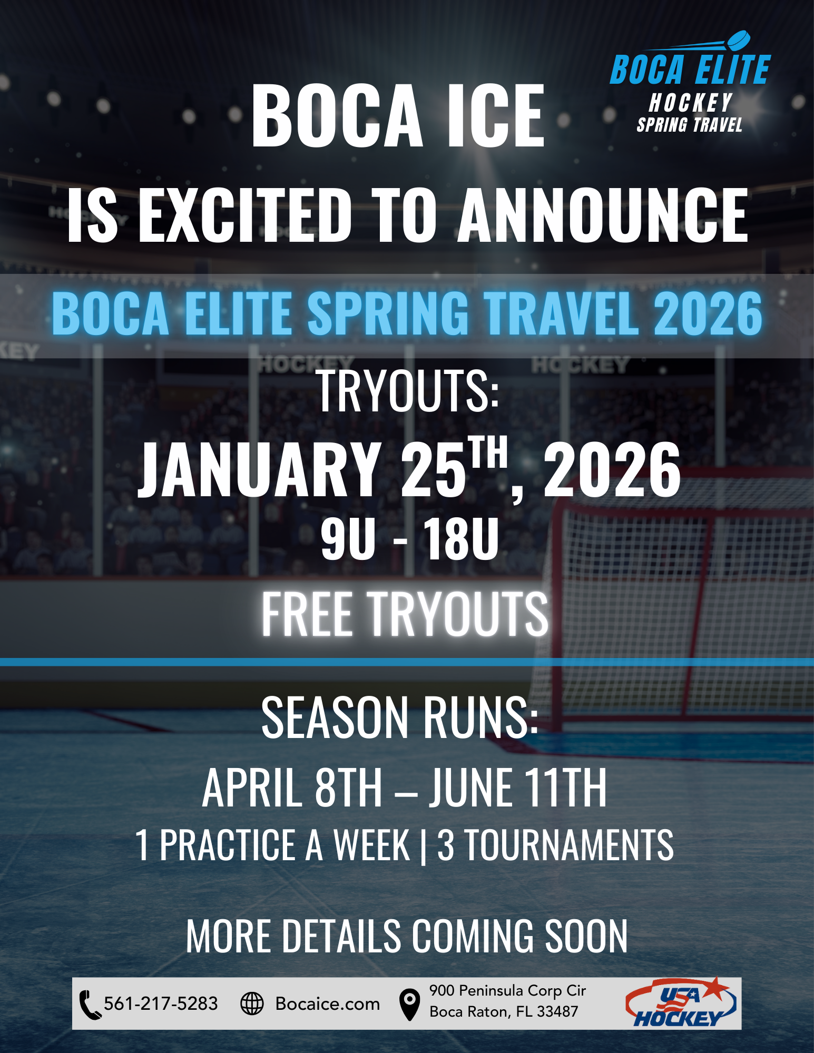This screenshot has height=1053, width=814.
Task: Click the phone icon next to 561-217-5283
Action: (90, 1005)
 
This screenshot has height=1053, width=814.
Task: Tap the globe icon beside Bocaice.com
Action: (252, 1003)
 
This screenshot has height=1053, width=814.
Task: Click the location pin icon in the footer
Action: (409, 1004)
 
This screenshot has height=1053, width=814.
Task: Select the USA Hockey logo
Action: (681, 1003)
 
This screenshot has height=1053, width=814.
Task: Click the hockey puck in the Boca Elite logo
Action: (738, 40)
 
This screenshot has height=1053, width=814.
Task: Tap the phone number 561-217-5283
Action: (161, 1003)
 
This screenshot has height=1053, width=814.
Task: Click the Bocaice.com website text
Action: (327, 1004)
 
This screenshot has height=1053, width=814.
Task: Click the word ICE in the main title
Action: (495, 117)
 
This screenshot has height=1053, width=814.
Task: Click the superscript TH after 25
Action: (489, 452)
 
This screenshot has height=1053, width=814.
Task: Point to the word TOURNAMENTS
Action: (569, 845)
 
